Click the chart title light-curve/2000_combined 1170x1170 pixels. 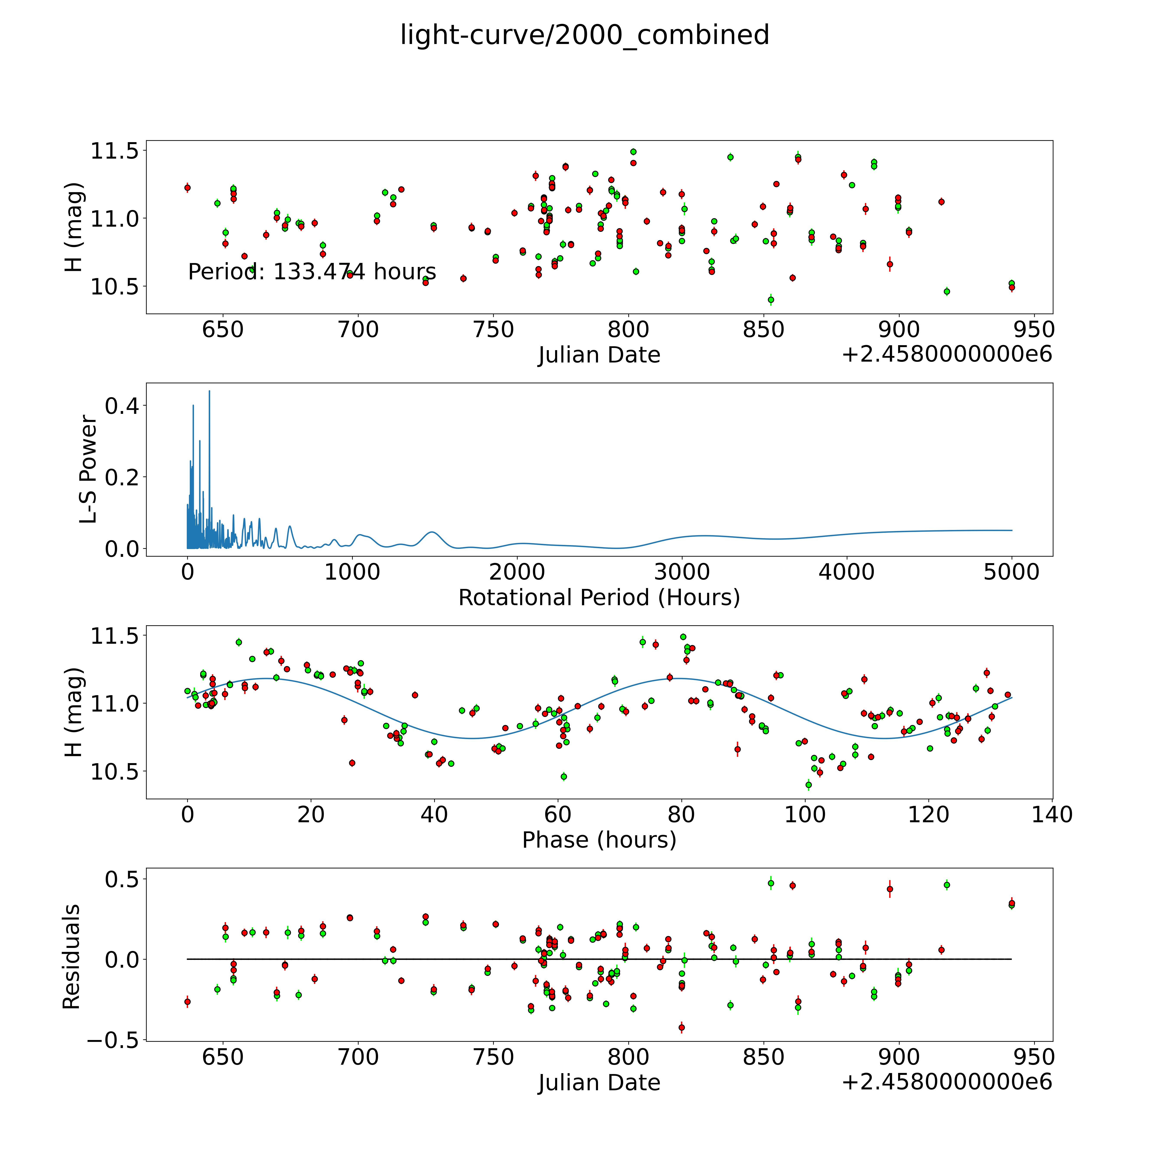(x=584, y=35)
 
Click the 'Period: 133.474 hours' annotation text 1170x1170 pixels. (x=312, y=272)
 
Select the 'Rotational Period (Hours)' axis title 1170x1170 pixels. (x=599, y=598)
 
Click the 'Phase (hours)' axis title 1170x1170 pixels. (x=599, y=840)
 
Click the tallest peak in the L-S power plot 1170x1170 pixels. (x=210, y=391)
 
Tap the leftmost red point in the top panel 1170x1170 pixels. (x=188, y=188)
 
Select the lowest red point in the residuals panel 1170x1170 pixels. (x=682, y=1027)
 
